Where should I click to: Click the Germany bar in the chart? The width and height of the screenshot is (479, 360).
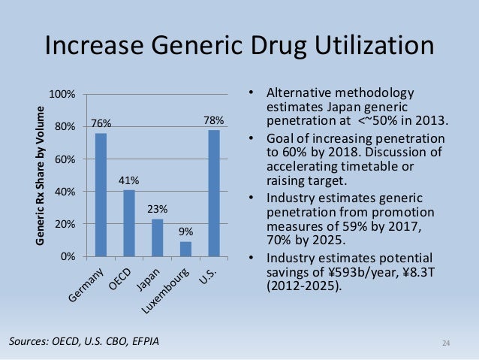coord(101,195)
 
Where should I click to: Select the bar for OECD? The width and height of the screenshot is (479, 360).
coord(129,223)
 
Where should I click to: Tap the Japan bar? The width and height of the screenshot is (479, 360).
coord(157,237)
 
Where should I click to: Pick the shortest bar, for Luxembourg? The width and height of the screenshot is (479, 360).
coord(185,249)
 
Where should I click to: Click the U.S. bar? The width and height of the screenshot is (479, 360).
coord(214,193)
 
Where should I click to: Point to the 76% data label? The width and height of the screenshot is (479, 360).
coord(101,123)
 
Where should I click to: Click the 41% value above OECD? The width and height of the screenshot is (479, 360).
coord(129,180)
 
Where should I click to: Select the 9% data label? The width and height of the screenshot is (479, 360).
coord(185,232)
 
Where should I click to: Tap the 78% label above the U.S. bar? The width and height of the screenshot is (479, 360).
coord(214,120)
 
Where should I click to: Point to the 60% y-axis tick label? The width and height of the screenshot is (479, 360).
coord(64,159)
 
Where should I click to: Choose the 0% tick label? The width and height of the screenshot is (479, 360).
coord(67,257)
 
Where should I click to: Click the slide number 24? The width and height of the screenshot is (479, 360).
coord(446,344)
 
